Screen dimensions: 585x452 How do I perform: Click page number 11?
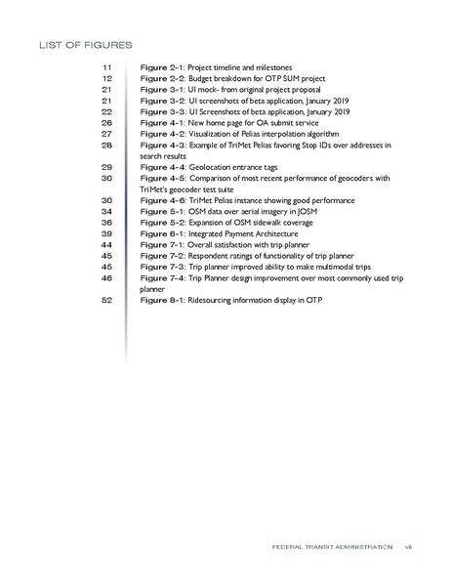(x=107, y=65)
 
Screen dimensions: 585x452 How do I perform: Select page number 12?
(x=107, y=77)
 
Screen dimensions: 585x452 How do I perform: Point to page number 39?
(x=107, y=233)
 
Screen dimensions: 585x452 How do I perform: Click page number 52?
(x=107, y=301)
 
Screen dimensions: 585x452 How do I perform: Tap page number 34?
(x=107, y=211)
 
